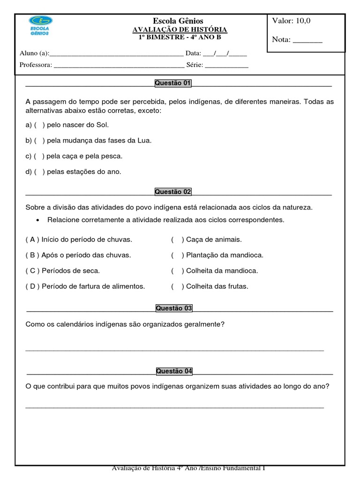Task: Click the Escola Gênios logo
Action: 41,26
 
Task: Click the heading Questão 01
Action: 173,83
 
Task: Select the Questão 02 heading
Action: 173,192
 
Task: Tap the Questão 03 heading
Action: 174,308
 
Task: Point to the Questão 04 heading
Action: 174,371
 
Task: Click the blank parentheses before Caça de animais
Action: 177,240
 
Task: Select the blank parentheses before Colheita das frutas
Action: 177,286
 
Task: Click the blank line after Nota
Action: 307,41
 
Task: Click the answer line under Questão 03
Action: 174,349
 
